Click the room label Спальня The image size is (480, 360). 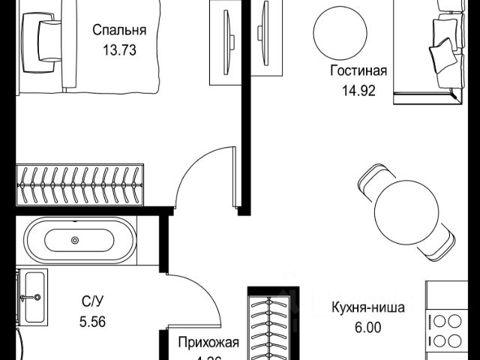pos(118,31)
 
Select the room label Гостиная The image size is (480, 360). pos(358,72)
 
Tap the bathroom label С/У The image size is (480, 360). pos(93,302)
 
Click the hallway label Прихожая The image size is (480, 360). pos(208,343)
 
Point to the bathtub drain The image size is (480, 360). pos(74,241)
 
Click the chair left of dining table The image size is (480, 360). pos(367,184)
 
